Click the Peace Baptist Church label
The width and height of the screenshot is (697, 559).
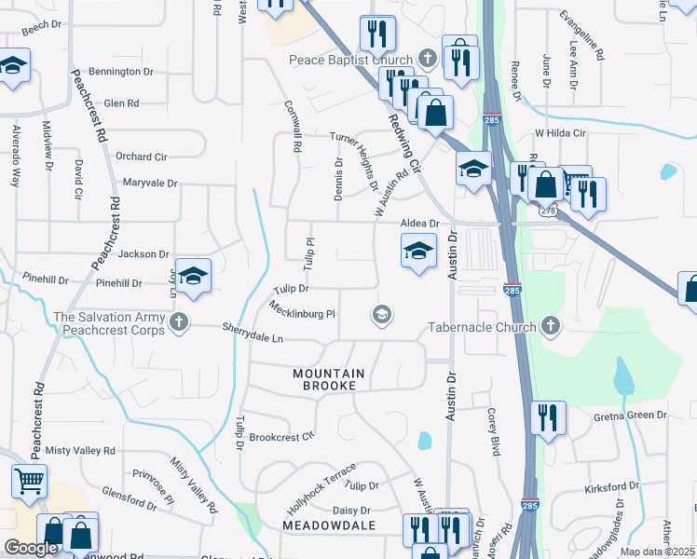pos(350,61)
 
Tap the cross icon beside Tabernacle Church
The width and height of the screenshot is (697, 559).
pos(551,326)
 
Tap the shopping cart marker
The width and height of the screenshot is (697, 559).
pos(29,482)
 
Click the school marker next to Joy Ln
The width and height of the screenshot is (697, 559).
pos(193,276)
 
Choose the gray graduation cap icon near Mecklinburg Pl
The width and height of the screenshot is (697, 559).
pos(380,315)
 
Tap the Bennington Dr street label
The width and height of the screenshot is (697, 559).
pos(121,72)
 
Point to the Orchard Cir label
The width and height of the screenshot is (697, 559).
pos(142,157)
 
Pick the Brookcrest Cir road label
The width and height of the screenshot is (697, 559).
pos(282,436)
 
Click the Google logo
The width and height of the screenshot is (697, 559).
pos(31,548)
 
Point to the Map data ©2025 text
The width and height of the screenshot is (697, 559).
pos(657,552)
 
